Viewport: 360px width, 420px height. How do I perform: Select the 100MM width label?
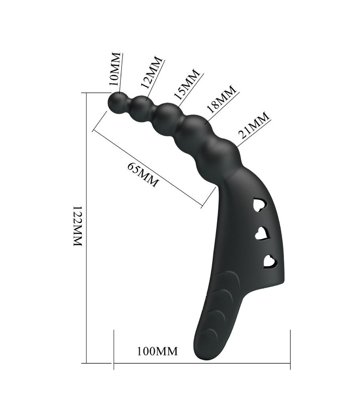pyautogui.click(x=157, y=351)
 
